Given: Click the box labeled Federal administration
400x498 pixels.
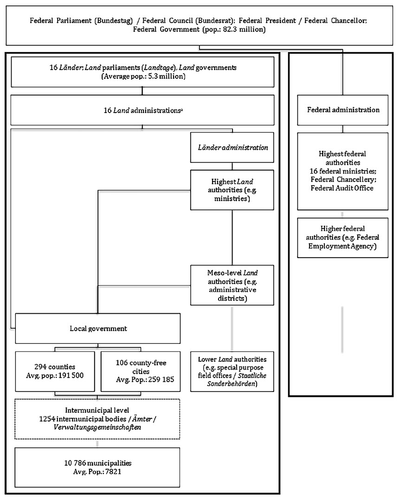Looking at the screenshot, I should (x=343, y=110).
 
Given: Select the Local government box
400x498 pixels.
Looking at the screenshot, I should (x=97, y=328).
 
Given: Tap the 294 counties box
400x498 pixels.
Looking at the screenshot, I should (x=57, y=371).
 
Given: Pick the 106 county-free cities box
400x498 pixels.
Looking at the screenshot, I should (x=141, y=371).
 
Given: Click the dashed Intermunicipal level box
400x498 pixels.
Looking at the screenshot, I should (x=97, y=418).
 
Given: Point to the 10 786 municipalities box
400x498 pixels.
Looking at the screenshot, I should (x=97, y=467).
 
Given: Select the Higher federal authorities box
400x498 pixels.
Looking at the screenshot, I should (x=343, y=237).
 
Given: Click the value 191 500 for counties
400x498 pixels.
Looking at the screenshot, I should (x=73, y=375).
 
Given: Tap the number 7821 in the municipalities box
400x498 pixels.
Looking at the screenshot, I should (x=118, y=471).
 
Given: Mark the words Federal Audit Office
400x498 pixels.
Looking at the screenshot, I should (x=343, y=189).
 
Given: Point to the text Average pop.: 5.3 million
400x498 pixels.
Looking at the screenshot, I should (x=143, y=76).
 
